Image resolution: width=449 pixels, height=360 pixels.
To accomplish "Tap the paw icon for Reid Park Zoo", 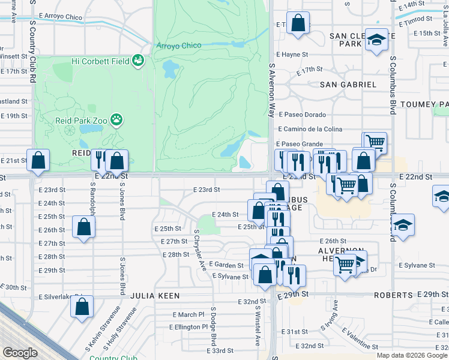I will [116, 120].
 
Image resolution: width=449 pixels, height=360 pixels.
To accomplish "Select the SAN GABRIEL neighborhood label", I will [348, 85].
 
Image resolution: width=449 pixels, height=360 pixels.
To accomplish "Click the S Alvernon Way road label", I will [272, 91].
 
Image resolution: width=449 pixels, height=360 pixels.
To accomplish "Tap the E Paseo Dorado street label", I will [301, 115].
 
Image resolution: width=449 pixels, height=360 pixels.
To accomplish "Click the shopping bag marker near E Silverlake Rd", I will [82, 305].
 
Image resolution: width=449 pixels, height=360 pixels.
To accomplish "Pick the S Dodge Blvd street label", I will [213, 327].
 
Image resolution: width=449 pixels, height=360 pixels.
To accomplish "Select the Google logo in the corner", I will [20, 353].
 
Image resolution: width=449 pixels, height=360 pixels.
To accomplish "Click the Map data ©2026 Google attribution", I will [412, 355].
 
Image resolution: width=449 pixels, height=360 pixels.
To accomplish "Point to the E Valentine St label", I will [364, 340].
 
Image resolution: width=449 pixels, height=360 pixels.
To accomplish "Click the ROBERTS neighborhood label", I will [393, 295].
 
